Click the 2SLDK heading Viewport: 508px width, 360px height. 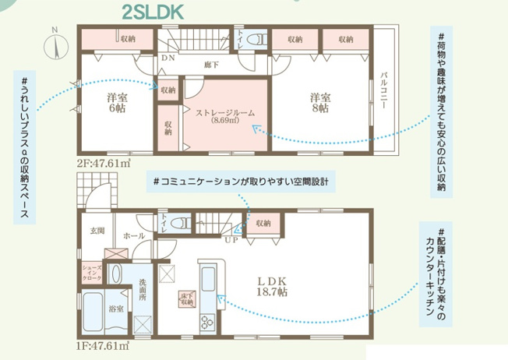click(153, 12)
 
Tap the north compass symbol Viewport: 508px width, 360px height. click(56, 44)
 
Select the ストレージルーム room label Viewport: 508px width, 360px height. click(225, 113)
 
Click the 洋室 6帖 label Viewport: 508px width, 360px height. click(117, 103)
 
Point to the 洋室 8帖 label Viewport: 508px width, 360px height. click(320, 103)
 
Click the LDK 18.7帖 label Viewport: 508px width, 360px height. click(272, 287)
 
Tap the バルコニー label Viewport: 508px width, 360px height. click(384, 90)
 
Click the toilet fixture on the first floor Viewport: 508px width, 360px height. click(181, 224)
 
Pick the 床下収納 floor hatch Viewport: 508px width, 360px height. click(187, 298)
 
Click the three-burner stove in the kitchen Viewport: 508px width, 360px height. click(207, 322)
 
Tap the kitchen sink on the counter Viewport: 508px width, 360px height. click(208, 279)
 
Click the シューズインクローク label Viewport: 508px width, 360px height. click(92, 273)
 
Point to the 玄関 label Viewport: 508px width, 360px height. click(97, 231)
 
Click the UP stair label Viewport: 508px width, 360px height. click(231, 240)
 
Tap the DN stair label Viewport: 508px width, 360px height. click(168, 58)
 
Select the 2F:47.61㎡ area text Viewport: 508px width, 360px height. click(104, 164)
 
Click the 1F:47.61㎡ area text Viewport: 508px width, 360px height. click(103, 346)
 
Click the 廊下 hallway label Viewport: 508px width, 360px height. click(212, 65)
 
